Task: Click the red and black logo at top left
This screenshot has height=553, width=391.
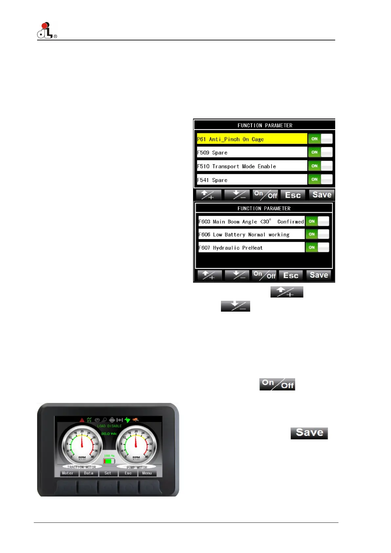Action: pos(46,30)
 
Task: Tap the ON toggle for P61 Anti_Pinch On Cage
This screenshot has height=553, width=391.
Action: pos(320,139)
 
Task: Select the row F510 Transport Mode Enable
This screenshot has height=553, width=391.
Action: pos(251,166)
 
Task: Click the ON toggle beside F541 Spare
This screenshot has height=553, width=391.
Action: pos(320,179)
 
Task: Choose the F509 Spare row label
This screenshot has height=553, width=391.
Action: pos(251,152)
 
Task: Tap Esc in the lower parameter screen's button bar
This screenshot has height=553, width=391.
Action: pos(291,276)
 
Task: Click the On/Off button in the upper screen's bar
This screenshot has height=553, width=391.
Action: pos(265,195)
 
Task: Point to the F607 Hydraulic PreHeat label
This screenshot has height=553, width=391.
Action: pos(251,248)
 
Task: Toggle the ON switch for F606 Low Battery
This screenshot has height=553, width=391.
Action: pos(317,234)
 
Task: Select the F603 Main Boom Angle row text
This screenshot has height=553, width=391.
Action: pos(251,222)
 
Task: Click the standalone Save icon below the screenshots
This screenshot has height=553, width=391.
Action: pos(309,433)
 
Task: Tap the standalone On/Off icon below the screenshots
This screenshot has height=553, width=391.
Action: pos(277,384)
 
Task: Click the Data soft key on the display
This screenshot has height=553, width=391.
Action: pos(89,473)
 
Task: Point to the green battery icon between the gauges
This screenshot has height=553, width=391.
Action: pos(109,461)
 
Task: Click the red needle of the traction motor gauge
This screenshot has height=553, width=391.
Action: pos(82,440)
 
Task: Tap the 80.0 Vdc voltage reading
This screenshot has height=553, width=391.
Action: pos(109,434)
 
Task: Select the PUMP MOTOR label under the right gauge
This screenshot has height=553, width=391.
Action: pos(137,467)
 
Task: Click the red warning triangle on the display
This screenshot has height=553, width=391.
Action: pos(82,420)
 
